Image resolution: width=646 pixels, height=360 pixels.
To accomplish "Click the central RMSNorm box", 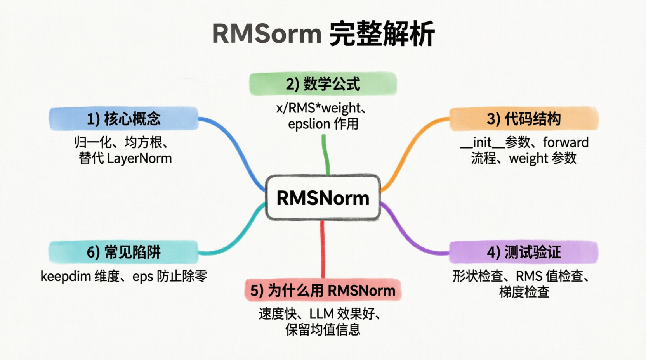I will [x=323, y=198].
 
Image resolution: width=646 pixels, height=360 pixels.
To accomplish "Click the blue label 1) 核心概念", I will [x=123, y=119].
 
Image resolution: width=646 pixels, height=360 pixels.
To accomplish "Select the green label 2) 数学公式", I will [x=323, y=84].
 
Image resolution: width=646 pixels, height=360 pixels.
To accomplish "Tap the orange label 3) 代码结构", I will [x=524, y=119].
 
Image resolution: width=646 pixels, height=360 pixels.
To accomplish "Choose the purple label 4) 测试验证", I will [x=524, y=252].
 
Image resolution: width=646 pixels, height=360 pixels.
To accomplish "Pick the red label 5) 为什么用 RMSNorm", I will [x=323, y=290].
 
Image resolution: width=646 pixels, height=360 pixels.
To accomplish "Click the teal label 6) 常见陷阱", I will [x=123, y=252].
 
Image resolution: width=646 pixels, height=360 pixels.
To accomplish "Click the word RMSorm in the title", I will [x=267, y=34].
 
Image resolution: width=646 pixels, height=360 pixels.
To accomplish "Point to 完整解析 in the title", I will [x=382, y=34].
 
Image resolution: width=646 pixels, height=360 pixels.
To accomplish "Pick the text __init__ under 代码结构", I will [x=481, y=142].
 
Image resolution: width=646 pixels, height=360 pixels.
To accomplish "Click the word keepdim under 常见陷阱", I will [x=66, y=276].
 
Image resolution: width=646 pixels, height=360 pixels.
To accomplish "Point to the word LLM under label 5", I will [x=321, y=313].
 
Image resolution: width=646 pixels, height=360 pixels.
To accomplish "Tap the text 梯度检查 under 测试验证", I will [x=524, y=292].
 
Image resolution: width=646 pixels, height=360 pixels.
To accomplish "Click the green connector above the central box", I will [x=325, y=155].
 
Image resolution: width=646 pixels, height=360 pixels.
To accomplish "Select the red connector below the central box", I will [x=322, y=248].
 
